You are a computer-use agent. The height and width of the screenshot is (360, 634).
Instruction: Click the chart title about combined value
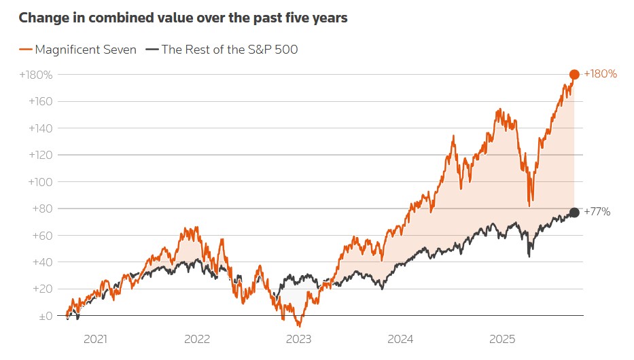183,18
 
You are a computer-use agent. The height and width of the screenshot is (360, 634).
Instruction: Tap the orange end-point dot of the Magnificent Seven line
574,74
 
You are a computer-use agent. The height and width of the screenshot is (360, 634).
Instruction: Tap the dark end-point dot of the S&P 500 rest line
574,213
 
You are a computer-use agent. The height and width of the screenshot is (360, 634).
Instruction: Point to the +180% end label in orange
601,74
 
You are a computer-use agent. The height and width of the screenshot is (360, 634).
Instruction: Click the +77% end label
597,213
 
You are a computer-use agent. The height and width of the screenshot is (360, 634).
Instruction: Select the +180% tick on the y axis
35,74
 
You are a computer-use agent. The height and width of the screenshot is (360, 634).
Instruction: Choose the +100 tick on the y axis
39,181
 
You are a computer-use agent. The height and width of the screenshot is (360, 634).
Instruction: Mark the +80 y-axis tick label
42,209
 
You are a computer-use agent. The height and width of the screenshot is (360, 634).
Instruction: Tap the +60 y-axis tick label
42,235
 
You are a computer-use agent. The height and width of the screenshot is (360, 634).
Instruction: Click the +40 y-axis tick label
42,262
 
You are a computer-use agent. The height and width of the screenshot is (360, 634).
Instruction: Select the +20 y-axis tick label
42,289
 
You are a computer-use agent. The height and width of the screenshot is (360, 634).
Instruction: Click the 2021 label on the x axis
94,338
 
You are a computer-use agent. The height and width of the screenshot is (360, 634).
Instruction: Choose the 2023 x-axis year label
298,338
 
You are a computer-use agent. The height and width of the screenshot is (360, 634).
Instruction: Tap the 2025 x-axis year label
502,338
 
